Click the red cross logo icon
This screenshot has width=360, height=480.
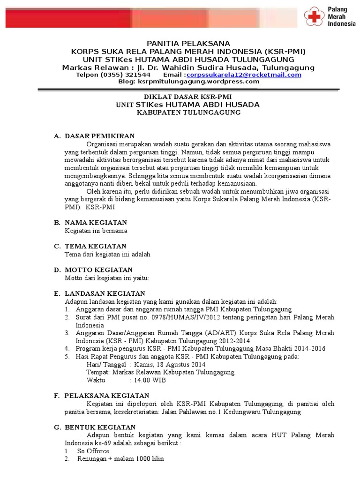point(314,17)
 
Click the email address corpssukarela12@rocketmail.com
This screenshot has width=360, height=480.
point(244,75)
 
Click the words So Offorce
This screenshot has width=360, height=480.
point(93,451)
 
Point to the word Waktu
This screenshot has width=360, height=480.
point(96,380)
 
